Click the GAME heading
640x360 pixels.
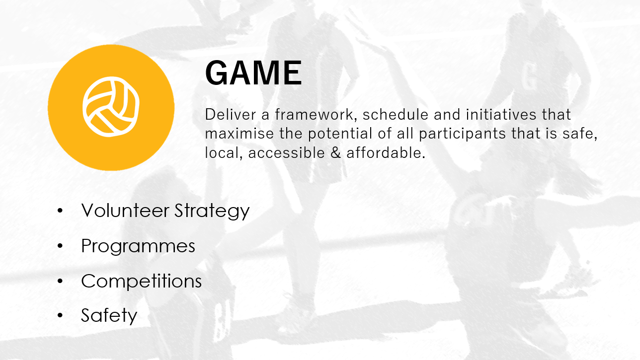pyautogui.click(x=253, y=73)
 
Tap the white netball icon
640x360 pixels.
pyautogui.click(x=111, y=107)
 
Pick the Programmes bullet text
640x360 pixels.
pyautogui.click(x=138, y=246)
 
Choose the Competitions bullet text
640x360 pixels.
pyautogui.click(x=141, y=282)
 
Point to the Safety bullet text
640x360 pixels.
pyautogui.click(x=109, y=316)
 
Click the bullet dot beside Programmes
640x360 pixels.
pyautogui.click(x=61, y=246)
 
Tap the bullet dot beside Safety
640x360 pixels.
pyautogui.click(x=61, y=315)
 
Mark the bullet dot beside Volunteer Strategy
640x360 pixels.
pyautogui.click(x=61, y=211)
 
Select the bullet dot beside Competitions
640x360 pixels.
pyautogui.click(x=61, y=281)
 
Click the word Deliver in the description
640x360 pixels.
pyautogui.click(x=229, y=115)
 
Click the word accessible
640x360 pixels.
pyautogui.click(x=286, y=153)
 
